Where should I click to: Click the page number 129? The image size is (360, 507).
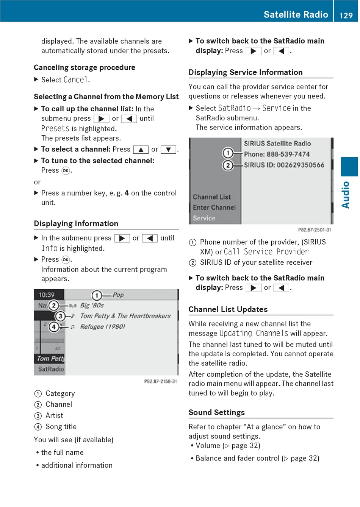346,15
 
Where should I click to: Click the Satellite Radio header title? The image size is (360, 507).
296,14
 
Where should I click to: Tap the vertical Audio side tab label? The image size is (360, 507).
346,195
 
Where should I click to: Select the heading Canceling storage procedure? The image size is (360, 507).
85,67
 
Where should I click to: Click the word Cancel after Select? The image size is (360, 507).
76,80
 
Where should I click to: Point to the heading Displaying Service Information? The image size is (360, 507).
246,72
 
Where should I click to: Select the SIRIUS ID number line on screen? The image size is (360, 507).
284,165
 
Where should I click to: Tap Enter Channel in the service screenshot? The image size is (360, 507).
214,207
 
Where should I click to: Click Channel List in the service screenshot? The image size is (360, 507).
211,197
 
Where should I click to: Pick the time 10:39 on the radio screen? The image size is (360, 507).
46,295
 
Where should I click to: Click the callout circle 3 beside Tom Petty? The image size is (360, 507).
60,316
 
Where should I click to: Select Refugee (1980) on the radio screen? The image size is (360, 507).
102,326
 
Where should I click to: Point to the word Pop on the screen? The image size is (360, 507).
118,295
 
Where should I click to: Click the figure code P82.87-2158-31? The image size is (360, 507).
160,381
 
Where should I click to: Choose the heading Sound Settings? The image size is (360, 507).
217,412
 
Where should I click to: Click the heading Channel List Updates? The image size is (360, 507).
228,309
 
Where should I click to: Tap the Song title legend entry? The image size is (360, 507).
61,427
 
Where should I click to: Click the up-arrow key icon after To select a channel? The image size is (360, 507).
141,150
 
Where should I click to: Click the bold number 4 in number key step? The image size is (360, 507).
127,193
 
